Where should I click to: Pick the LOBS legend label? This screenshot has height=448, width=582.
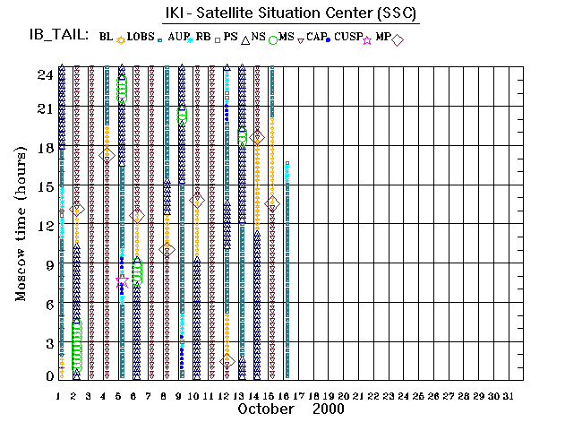click(141, 37)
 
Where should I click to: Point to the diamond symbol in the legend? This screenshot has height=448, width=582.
click(398, 39)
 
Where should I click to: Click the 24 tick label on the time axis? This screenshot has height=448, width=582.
click(44, 75)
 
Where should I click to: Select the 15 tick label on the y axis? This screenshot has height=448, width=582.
click(44, 186)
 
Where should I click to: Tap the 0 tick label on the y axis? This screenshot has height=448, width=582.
click(49, 377)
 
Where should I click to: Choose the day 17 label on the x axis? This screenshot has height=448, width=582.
click(301, 395)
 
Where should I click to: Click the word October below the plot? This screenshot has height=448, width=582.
click(267, 409)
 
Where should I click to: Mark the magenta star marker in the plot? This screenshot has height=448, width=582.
click(121, 281)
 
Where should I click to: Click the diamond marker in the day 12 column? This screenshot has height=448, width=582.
click(227, 361)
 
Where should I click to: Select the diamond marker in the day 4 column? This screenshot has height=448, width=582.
click(107, 155)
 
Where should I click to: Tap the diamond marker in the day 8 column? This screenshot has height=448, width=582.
click(167, 250)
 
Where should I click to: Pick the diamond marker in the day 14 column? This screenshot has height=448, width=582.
click(257, 138)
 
